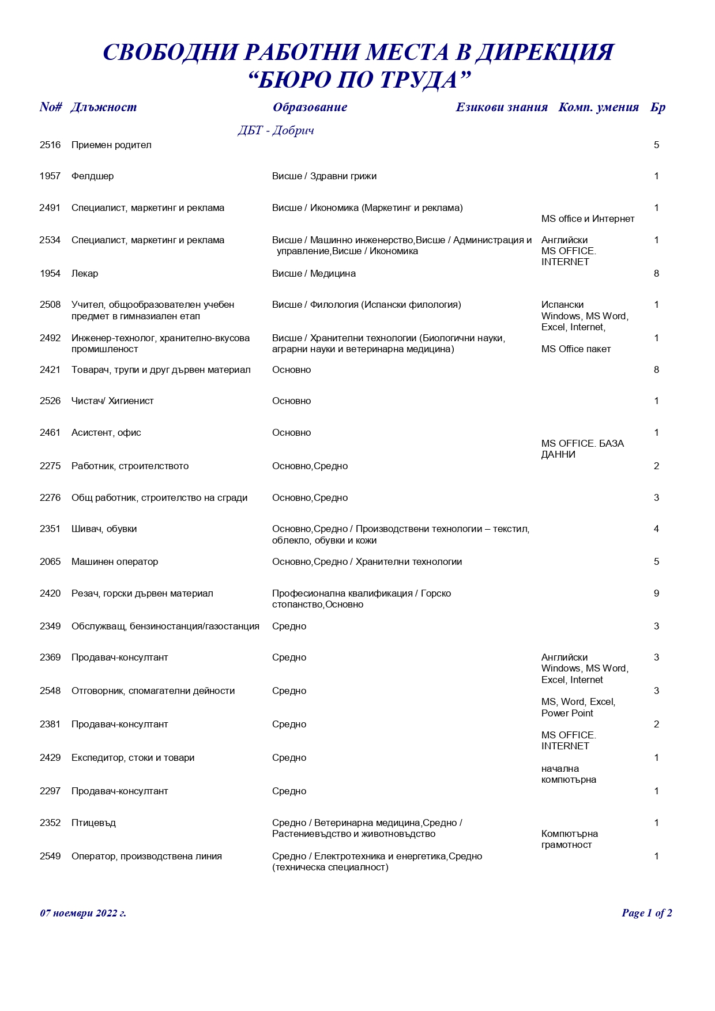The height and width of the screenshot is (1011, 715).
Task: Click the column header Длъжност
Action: point(103,107)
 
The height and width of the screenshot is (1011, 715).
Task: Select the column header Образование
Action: point(310,107)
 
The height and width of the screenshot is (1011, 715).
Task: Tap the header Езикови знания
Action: point(501,107)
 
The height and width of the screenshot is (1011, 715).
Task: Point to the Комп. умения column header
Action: point(598,107)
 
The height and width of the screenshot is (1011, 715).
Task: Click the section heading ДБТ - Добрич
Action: point(276,131)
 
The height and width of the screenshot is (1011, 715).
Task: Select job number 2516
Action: point(50,145)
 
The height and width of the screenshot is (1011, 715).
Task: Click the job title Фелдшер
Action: point(92,176)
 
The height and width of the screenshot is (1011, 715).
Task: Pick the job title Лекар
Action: point(85,274)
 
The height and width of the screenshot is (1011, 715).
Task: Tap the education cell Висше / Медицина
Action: point(314,274)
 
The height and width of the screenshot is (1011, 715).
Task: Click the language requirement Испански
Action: point(562,305)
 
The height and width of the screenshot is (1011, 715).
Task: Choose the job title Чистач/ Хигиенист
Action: point(112,401)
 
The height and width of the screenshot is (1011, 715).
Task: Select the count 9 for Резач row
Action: point(656,594)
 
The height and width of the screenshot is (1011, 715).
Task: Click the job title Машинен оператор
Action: point(115,562)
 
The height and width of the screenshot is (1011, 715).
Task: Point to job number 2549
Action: point(50,857)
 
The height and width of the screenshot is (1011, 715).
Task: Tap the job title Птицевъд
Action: point(93,823)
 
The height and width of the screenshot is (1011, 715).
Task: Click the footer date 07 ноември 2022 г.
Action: point(83,913)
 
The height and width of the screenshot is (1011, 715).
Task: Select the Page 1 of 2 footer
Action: point(646,913)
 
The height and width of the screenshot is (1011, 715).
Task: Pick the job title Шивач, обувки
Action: point(104,529)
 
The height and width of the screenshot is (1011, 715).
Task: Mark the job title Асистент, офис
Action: point(106,433)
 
